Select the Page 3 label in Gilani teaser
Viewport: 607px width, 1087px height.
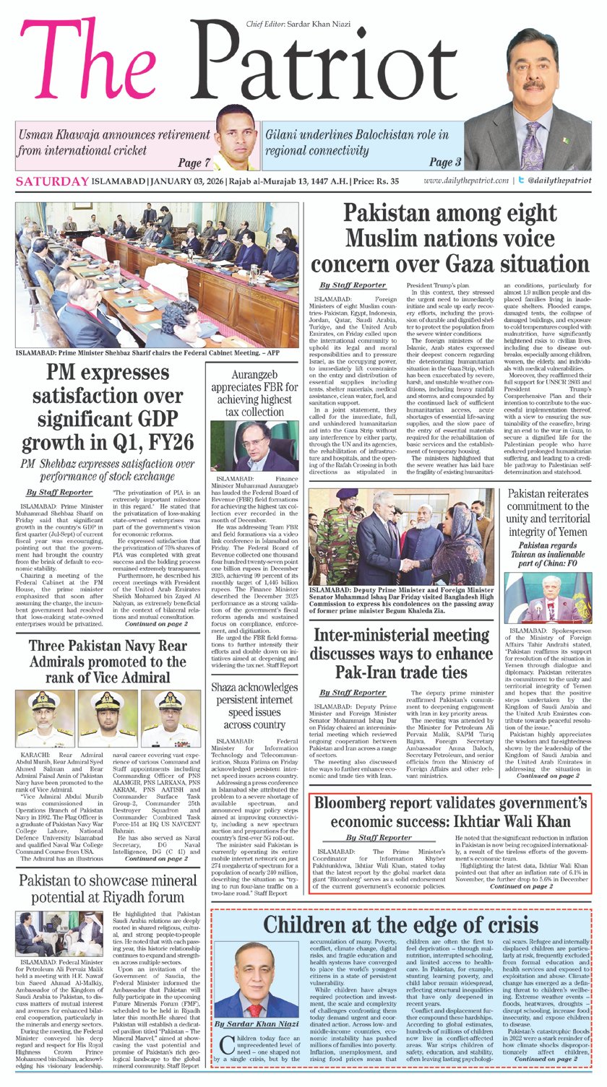pyautogui.click(x=446, y=162)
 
